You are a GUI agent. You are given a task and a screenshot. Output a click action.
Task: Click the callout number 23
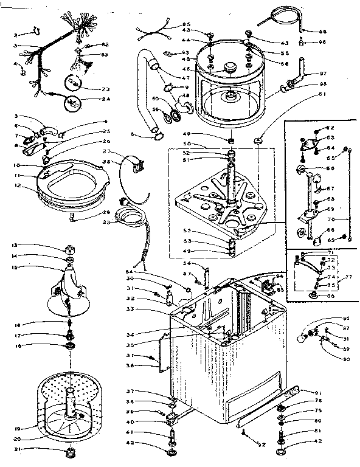[106, 88]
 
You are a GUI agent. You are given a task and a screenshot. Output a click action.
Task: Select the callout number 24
[106, 99]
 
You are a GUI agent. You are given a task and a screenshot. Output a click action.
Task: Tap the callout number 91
[317, 392]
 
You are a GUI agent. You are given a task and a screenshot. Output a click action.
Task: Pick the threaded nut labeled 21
[69, 453]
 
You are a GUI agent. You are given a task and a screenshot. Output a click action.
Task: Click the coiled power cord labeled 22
[129, 216]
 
